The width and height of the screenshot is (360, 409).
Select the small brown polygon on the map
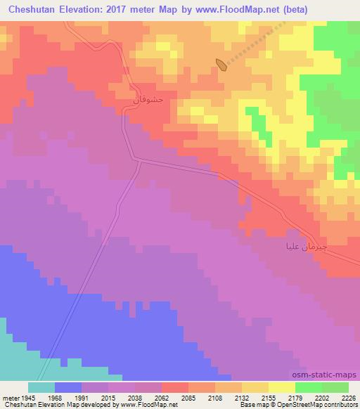point(221,65)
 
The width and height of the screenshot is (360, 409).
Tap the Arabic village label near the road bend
point(148,100)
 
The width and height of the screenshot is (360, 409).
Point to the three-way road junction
point(139,161)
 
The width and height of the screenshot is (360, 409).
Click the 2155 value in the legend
point(257,398)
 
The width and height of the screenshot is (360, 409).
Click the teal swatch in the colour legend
point(41,387)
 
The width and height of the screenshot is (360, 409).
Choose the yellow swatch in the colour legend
point(281,387)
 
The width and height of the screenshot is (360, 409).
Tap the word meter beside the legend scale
point(8,398)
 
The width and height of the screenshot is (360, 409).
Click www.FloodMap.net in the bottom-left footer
point(138,405)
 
